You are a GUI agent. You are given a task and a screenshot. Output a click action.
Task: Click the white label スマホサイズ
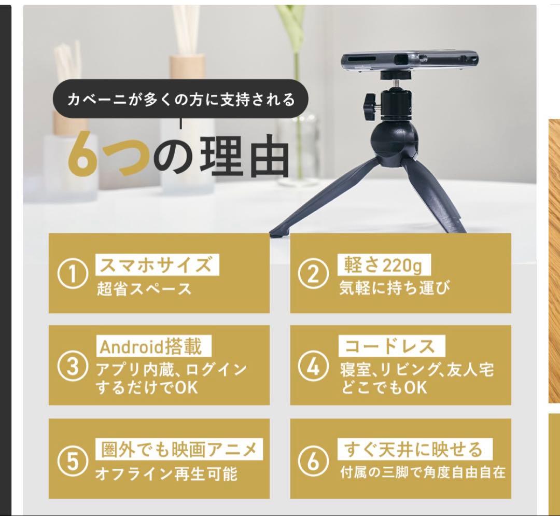point(157,264)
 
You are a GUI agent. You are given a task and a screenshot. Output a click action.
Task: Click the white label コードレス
point(391,346)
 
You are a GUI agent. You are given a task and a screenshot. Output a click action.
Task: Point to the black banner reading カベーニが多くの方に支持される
point(180,99)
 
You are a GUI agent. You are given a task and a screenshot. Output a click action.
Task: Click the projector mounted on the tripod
point(409,61)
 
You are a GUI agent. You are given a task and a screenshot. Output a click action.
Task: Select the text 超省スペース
point(144,289)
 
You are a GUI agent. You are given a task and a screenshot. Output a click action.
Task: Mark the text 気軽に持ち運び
point(395,288)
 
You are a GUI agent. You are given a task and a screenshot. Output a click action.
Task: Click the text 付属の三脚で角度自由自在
point(423,473)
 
